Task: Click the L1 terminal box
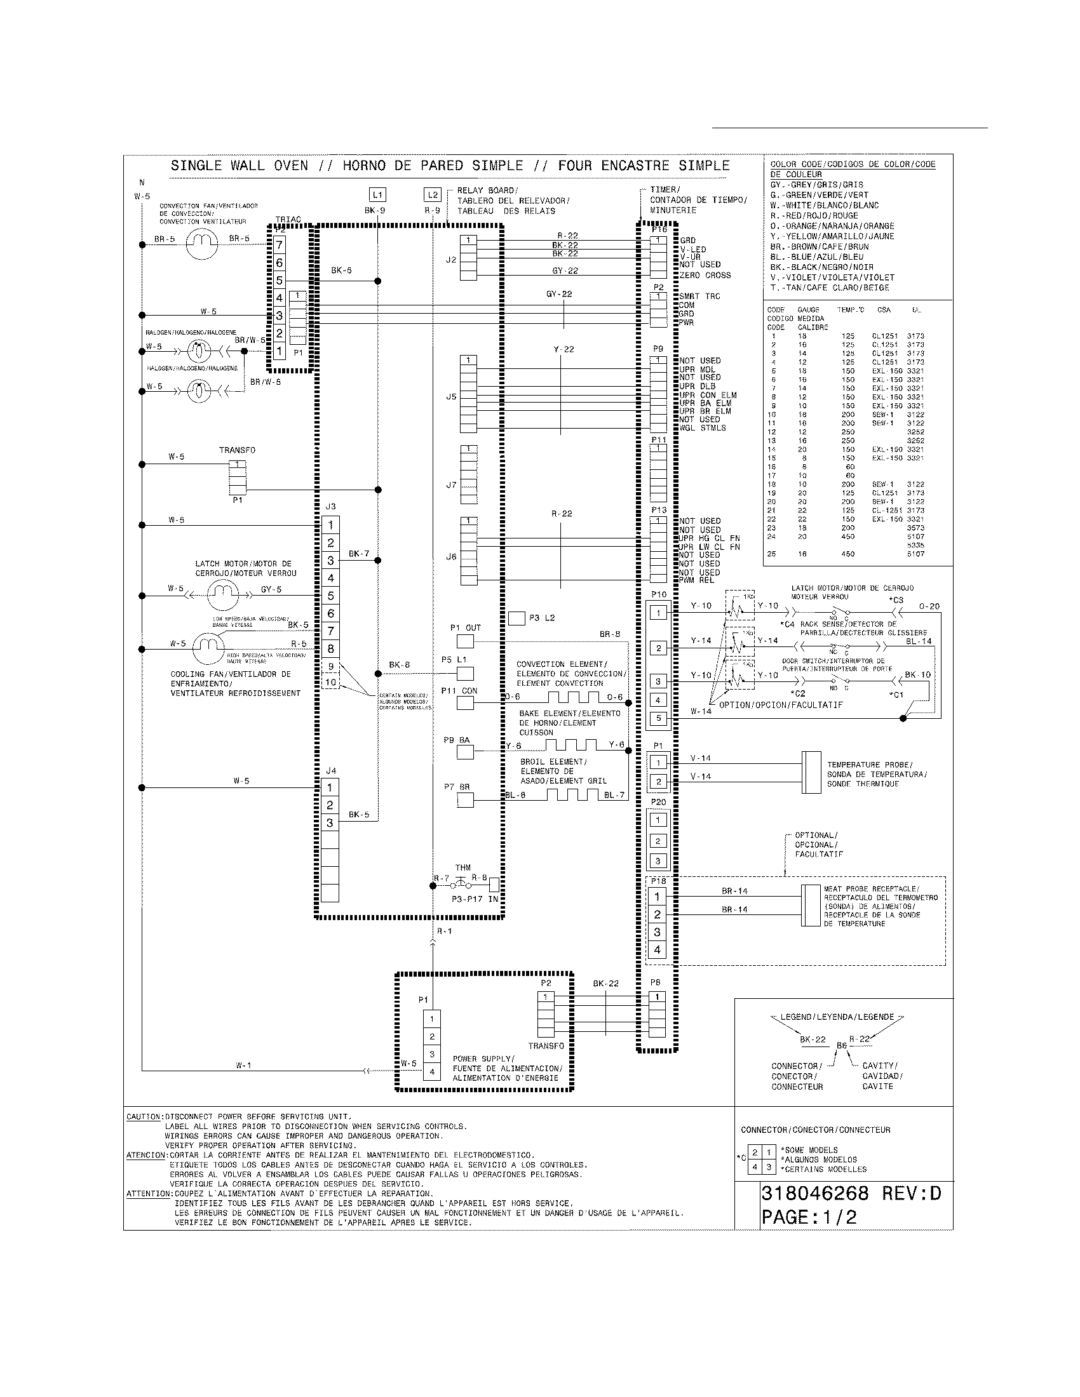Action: click(377, 194)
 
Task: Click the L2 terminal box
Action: click(433, 194)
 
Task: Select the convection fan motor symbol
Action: click(201, 244)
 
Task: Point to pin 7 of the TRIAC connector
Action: click(280, 245)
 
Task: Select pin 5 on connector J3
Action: click(330, 596)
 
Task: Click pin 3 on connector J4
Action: click(330, 822)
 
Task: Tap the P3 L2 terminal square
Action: click(516, 618)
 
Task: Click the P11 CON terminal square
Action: click(465, 702)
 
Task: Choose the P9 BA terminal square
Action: click(465, 751)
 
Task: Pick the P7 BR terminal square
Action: click(465, 799)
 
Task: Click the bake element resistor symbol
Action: click(570, 745)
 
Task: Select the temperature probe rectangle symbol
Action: click(811, 772)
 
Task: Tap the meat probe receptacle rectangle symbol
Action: click(811, 905)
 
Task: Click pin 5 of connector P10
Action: click(658, 718)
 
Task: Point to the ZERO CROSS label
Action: click(705, 276)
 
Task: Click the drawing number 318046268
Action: click(814, 1193)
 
